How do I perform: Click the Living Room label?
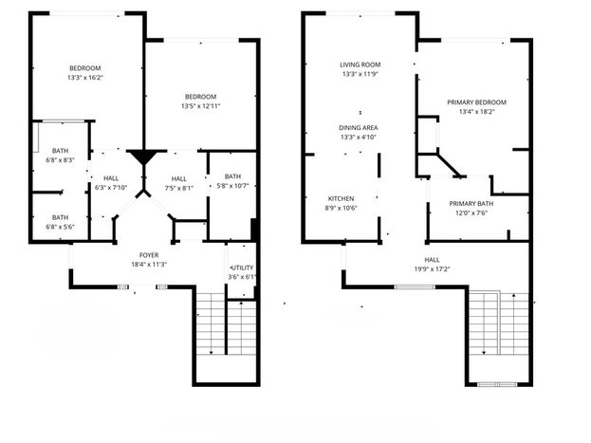(x=360, y=65)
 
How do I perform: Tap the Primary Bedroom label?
(x=476, y=102)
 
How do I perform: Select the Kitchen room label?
(x=341, y=198)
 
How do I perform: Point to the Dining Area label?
(x=358, y=128)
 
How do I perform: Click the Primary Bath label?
(x=471, y=204)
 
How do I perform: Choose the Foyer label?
(x=149, y=255)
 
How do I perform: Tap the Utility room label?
(x=242, y=268)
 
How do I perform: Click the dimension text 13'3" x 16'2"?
(x=85, y=78)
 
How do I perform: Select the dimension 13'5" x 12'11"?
(x=200, y=106)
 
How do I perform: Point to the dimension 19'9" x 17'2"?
(x=432, y=269)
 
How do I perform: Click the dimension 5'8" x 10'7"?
(x=233, y=186)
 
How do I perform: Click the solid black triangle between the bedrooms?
(x=143, y=157)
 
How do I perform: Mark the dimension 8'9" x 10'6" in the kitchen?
(x=341, y=208)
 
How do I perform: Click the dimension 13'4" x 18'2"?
(x=476, y=112)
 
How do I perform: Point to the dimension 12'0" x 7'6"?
(x=471, y=213)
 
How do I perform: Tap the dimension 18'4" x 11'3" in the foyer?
(x=149, y=265)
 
